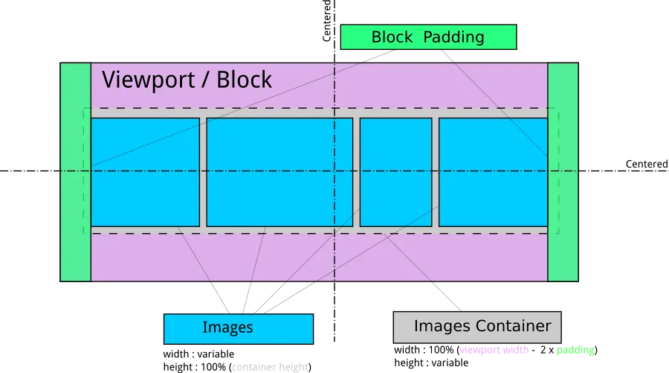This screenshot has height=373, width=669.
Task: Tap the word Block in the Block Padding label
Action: point(392,37)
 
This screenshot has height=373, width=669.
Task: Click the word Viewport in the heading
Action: point(146,80)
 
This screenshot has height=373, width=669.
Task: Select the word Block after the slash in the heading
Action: point(244,80)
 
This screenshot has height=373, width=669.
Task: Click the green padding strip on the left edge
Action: point(75,172)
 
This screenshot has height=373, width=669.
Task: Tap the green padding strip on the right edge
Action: point(563,172)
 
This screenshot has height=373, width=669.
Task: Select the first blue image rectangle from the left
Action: point(145,172)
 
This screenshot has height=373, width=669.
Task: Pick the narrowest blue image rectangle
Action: point(395,172)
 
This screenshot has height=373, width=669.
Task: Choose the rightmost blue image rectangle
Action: point(493,172)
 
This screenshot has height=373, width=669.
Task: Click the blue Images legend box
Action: point(238,328)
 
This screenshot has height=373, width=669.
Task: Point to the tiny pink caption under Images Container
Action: point(494,351)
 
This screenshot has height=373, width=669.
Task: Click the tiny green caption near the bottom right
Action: point(575,351)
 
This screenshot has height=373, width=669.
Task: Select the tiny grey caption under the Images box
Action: point(270,366)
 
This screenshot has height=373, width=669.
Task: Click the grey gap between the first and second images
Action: point(203,172)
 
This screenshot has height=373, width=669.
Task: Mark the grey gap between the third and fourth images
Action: point(435,172)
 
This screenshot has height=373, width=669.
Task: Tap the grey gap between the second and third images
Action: point(356,172)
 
